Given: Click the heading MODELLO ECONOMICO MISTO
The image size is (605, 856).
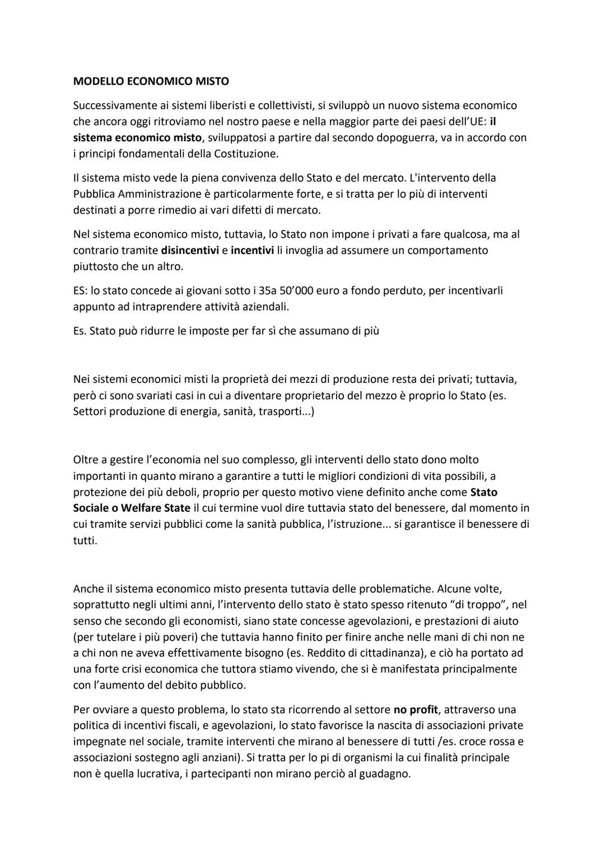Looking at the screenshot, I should tap(151, 81).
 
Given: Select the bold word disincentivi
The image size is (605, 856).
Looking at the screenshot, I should tap(189, 250).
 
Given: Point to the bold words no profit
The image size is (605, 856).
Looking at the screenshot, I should tap(416, 710).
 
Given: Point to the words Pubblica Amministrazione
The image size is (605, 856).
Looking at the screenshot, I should tap(137, 194).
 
